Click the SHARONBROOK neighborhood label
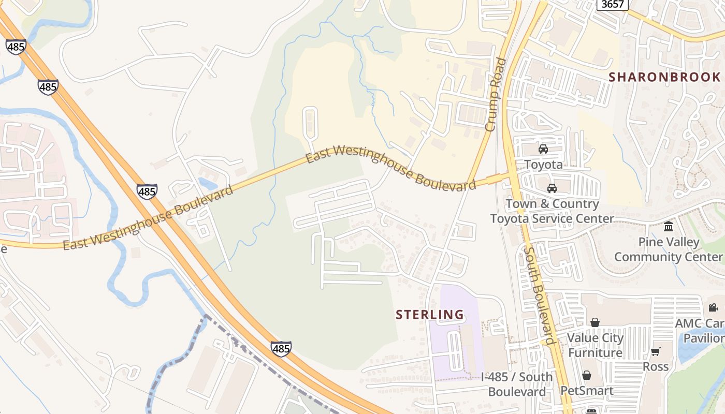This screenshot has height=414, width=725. pyautogui.click(x=664, y=77)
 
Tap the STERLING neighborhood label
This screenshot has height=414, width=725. pyautogui.click(x=430, y=315)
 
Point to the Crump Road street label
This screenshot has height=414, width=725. pyautogui.click(x=495, y=94)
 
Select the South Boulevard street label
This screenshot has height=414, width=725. pyautogui.click(x=539, y=295)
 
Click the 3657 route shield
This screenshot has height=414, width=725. pyautogui.click(x=613, y=4)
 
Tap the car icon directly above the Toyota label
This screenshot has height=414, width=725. pyautogui.click(x=543, y=150)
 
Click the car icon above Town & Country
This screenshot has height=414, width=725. pyautogui.click(x=552, y=188)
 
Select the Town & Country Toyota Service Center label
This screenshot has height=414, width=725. pyautogui.click(x=552, y=211)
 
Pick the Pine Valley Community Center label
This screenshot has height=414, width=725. pyautogui.click(x=669, y=249)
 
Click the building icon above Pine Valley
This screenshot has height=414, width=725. pyautogui.click(x=669, y=227)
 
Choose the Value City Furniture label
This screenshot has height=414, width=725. pyautogui.click(x=595, y=345)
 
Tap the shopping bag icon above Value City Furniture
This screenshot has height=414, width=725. pyautogui.click(x=595, y=323)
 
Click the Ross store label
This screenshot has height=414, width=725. pyautogui.click(x=656, y=366)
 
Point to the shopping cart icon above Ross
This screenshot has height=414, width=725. pyautogui.click(x=656, y=352)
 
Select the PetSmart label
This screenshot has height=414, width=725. pyautogui.click(x=587, y=391)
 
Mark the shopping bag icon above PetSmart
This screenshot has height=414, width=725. pyautogui.click(x=587, y=375)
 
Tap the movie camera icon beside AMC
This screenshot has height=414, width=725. pyautogui.click(x=714, y=308)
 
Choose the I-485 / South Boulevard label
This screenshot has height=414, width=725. pyautogui.click(x=517, y=384)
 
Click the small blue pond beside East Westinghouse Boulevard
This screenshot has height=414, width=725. pyautogui.click(x=207, y=183)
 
